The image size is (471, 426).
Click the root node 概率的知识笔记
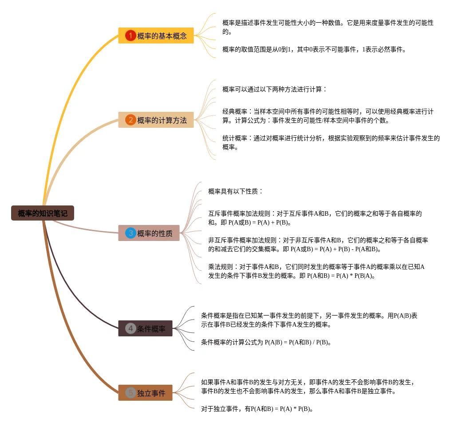click(43, 213)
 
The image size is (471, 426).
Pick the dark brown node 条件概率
click(151, 328)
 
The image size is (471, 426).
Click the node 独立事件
click(151, 393)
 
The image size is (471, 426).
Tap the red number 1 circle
click(130, 35)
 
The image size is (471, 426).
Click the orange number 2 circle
click(130, 120)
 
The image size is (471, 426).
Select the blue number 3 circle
click(131, 233)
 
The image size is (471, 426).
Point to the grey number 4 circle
click(130, 328)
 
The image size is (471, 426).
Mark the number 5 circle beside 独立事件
click(130, 393)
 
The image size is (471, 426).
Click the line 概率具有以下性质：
click(236, 191)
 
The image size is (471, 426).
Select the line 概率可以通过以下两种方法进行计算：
click(274, 89)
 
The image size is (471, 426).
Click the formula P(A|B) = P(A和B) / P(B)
click(297, 342)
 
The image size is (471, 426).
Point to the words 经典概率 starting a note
click(234, 111)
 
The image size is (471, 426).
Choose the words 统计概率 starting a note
click(234, 138)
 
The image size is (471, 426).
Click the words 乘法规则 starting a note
click(220, 267)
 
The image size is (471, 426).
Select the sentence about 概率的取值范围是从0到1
click(314, 49)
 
